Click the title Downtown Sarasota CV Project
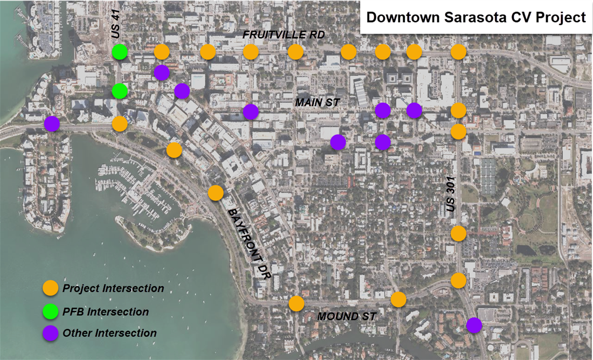pyautogui.click(x=475, y=17)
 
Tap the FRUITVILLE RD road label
pyautogui.click(x=284, y=35)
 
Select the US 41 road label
pyautogui.click(x=115, y=25)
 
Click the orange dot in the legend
pyautogui.click(x=51, y=288)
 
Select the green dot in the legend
pyautogui.click(x=51, y=311)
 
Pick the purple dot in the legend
pyautogui.click(x=51, y=333)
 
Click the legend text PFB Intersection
pyautogui.click(x=106, y=311)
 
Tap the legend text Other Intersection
pyautogui.click(x=109, y=333)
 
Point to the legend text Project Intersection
pyautogui.click(x=113, y=288)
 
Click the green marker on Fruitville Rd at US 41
pyautogui.click(x=120, y=52)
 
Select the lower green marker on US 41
pyautogui.click(x=120, y=91)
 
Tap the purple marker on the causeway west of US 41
pyautogui.click(x=52, y=123)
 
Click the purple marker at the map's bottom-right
pyautogui.click(x=474, y=325)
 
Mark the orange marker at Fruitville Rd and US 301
pyautogui.click(x=458, y=52)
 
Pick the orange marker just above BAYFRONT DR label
pyautogui.click(x=216, y=192)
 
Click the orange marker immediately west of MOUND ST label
pyautogui.click(x=296, y=303)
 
